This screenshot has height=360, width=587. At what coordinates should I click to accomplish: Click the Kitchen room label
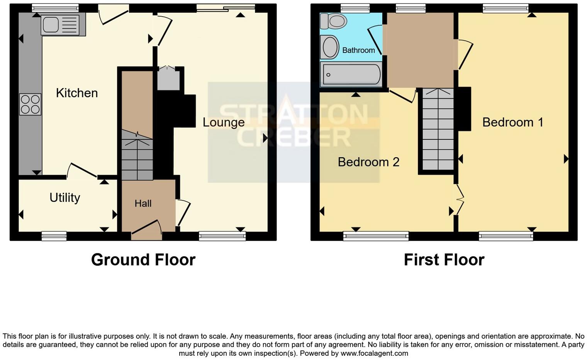76,93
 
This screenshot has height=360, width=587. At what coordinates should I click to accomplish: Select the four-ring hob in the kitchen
30,104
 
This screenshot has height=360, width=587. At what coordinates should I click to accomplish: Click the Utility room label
64,198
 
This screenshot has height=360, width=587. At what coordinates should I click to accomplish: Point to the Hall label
143,204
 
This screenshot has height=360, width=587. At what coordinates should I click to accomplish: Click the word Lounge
224,122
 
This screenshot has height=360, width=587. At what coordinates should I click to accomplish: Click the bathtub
351,74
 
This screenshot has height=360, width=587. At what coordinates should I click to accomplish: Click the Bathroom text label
358,50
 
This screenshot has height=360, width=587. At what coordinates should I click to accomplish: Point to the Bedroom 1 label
512,122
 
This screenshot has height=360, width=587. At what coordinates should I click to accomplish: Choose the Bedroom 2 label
368,162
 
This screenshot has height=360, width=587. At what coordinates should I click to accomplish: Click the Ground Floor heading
143,260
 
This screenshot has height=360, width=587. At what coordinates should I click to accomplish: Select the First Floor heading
444,260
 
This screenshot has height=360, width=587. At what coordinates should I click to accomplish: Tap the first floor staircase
438,129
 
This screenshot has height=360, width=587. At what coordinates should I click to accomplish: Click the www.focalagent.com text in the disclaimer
374,353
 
